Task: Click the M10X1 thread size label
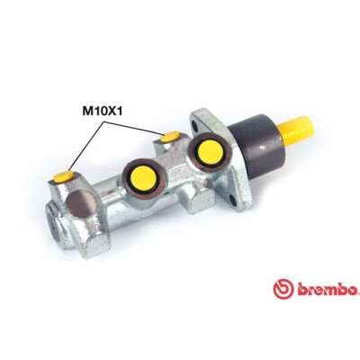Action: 103,112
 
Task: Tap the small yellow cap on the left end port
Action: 64,176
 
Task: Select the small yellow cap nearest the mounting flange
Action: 170,137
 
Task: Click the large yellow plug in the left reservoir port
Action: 143,177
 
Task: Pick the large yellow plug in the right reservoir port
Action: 211,152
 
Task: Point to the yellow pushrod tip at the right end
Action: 296,130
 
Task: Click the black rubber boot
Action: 256,147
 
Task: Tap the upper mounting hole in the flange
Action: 196,125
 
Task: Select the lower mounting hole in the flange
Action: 234,200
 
